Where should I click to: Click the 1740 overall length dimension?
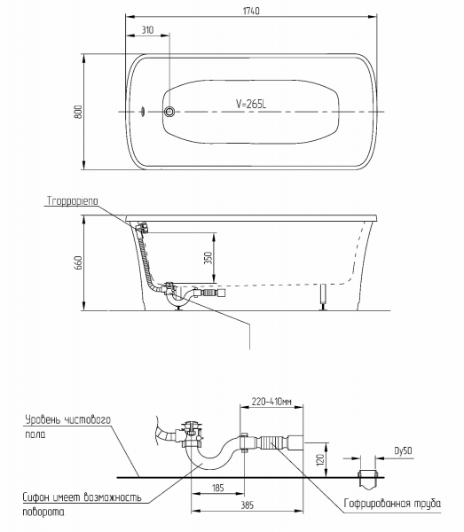coord(251,12)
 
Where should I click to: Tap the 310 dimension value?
coord(147,30)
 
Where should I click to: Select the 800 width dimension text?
coord(78,112)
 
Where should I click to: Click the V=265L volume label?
coord(251,104)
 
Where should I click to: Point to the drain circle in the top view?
coord(169,112)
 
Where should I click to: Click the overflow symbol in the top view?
coord(143,112)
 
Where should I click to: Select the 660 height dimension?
coord(78,263)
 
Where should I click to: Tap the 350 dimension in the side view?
coord(208,258)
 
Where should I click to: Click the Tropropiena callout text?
coord(72,201)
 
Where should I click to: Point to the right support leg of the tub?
coord(324,297)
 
